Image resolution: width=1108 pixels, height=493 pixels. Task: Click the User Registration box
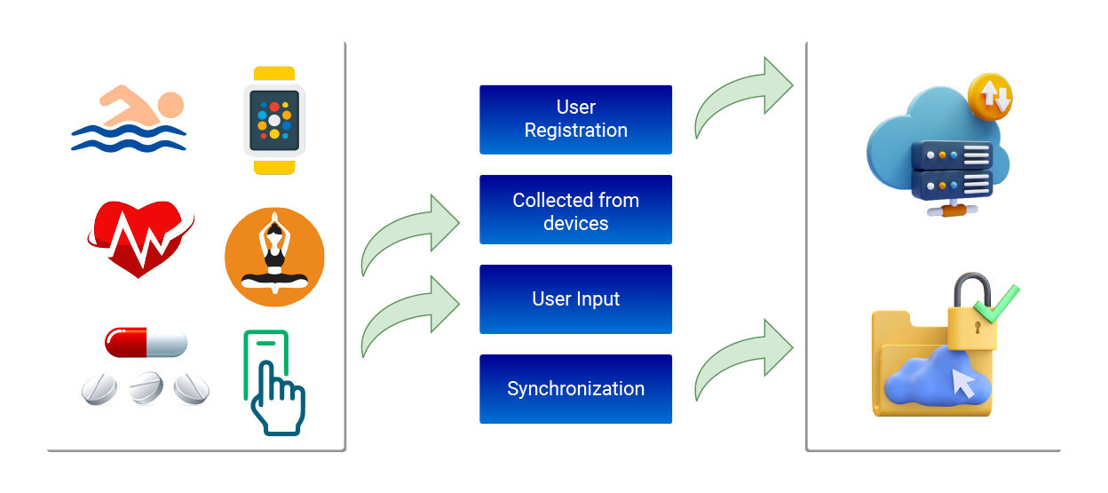(575, 119)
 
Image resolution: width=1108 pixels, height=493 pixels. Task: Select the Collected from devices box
(575, 210)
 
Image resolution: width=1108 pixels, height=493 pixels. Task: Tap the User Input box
(575, 299)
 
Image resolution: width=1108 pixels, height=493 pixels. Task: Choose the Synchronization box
(575, 389)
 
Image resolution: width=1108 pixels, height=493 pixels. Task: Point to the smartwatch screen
(274, 119)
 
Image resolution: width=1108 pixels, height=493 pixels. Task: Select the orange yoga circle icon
(274, 258)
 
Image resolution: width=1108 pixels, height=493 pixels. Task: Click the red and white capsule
(146, 341)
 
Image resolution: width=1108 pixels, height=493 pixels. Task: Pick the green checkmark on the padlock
(995, 305)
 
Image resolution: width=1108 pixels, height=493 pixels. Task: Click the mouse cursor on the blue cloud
(962, 383)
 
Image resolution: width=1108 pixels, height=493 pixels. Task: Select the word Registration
(575, 131)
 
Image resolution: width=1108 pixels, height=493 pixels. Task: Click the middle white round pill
(146, 388)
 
